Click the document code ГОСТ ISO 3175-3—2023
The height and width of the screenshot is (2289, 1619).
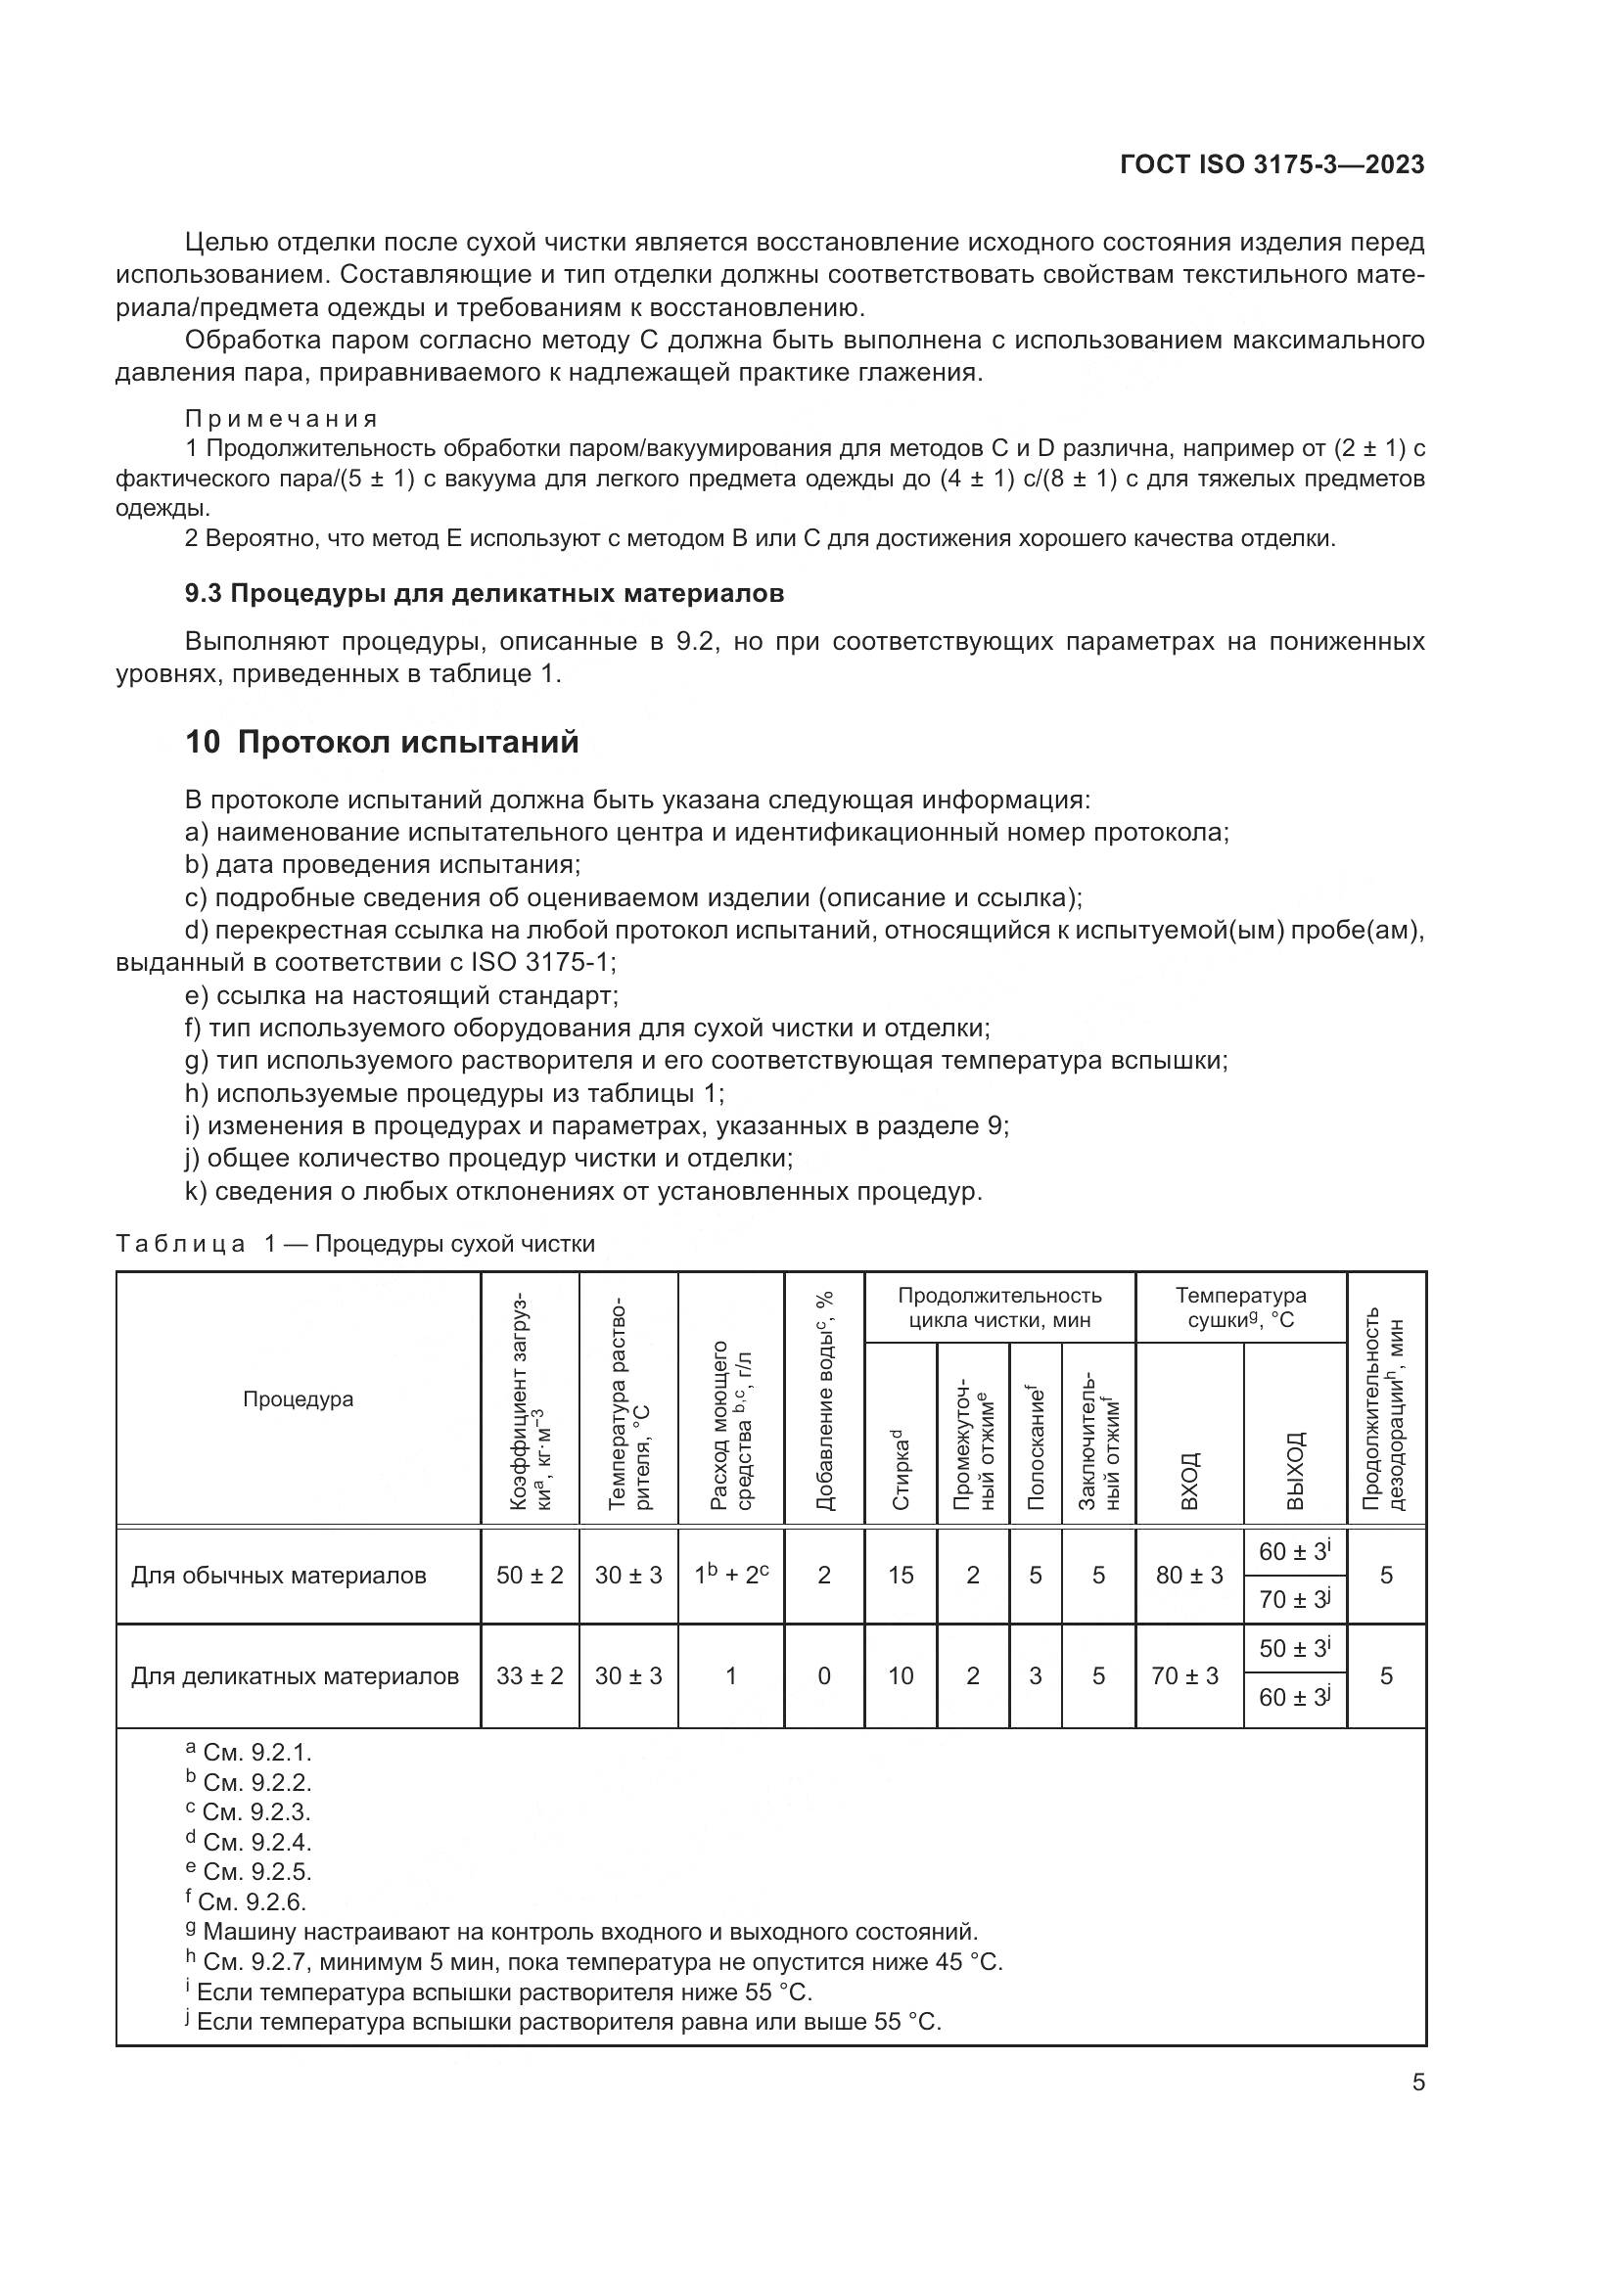click(1272, 164)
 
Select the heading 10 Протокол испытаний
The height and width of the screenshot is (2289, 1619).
click(382, 743)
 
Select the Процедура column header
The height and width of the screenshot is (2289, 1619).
click(299, 1398)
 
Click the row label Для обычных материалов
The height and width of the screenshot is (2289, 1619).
click(279, 1576)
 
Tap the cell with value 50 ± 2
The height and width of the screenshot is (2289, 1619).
click(530, 1576)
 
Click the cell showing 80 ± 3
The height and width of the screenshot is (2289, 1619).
click(1189, 1576)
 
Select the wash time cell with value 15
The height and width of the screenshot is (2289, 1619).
click(901, 1576)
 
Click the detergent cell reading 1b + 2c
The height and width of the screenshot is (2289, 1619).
click(731, 1576)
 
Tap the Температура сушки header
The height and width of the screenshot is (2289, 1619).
click(1240, 1307)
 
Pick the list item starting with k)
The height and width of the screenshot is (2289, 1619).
click(583, 1191)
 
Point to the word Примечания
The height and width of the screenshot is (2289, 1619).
click(281, 419)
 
